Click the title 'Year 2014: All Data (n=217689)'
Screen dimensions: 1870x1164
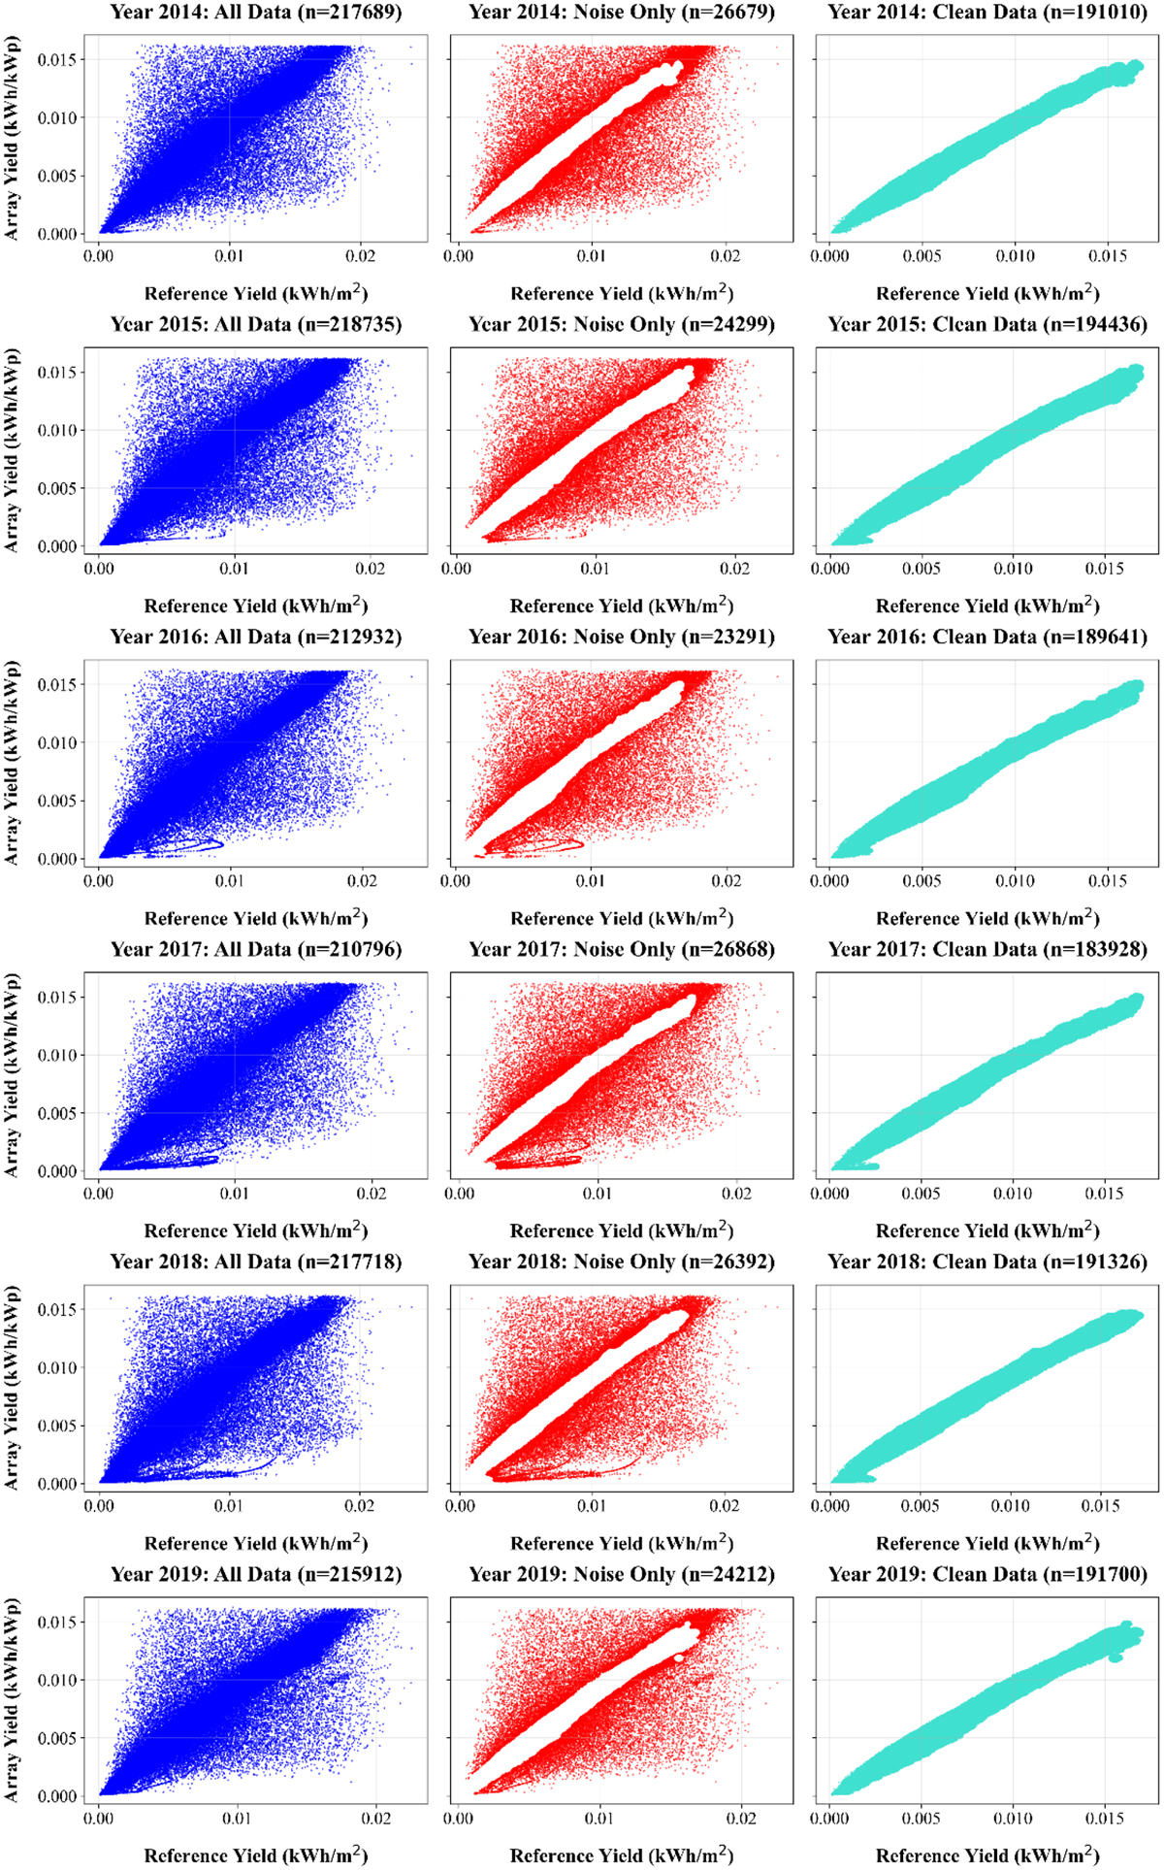(255, 13)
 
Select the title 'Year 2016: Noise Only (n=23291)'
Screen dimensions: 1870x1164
(622, 638)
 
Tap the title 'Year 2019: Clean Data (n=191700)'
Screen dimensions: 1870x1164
(987, 1574)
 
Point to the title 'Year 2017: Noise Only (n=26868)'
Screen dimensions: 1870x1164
(622, 950)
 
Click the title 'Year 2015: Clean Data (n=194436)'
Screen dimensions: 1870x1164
(987, 325)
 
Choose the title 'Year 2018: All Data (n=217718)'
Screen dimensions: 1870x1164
(255, 1263)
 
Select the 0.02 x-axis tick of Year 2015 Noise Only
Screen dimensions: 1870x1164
(735, 569)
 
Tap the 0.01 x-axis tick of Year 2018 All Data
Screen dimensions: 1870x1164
(230, 1506)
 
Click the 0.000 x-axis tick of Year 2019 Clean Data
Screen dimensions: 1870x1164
(830, 1819)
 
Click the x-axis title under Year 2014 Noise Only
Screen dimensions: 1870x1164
(622, 294)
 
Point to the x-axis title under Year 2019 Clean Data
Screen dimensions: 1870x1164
(987, 1855)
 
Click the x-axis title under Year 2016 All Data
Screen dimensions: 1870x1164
(256, 918)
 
